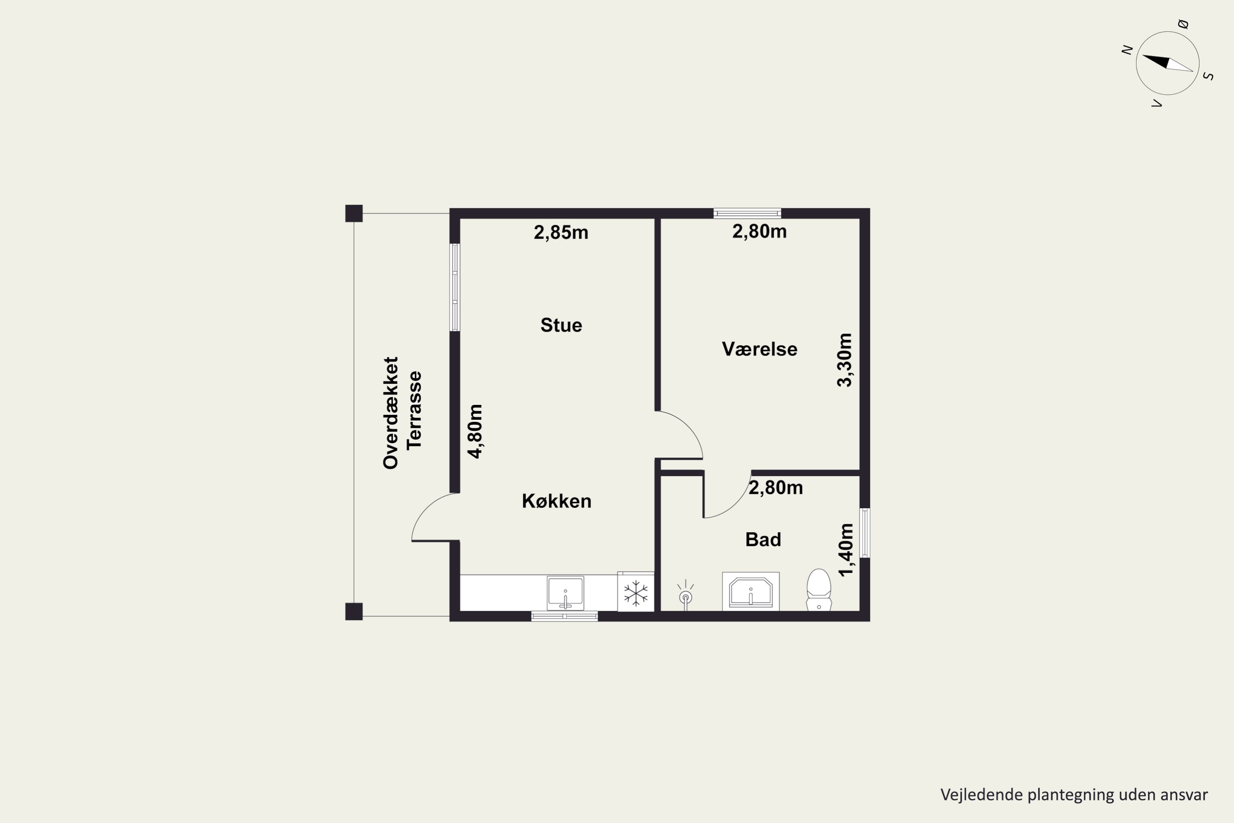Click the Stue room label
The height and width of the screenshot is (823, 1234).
(561, 325)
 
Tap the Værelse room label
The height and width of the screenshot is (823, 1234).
(759, 349)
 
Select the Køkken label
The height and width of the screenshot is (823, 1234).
(557, 501)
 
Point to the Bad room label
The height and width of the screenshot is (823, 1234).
(763, 539)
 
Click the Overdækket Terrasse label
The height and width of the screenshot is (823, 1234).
(402, 413)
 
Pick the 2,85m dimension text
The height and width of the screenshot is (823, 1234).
(561, 232)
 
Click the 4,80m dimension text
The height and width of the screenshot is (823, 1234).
(475, 431)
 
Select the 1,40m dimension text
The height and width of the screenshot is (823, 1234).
(846, 550)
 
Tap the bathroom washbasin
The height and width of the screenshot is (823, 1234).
(750, 592)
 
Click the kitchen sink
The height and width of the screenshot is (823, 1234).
(565, 593)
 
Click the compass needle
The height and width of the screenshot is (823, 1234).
(1167, 63)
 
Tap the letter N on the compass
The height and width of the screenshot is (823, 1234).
(1127, 50)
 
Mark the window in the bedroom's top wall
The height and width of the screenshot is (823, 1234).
(747, 213)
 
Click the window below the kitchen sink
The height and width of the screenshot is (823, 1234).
(564, 616)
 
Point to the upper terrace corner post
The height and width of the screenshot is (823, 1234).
(354, 213)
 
